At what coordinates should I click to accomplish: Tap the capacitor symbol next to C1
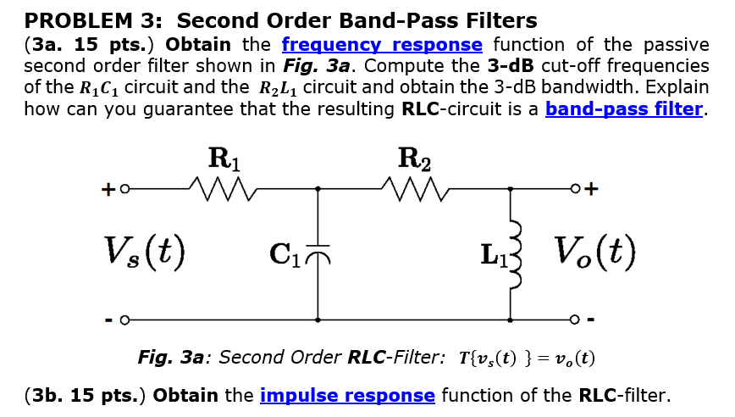click(318, 253)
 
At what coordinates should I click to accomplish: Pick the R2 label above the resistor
click(413, 158)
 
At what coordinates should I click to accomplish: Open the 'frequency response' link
click(382, 45)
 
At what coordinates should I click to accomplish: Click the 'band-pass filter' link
click(624, 108)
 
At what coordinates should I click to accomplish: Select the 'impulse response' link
click(347, 395)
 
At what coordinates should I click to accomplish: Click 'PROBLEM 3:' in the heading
click(95, 20)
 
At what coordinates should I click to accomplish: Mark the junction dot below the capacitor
click(318, 320)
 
